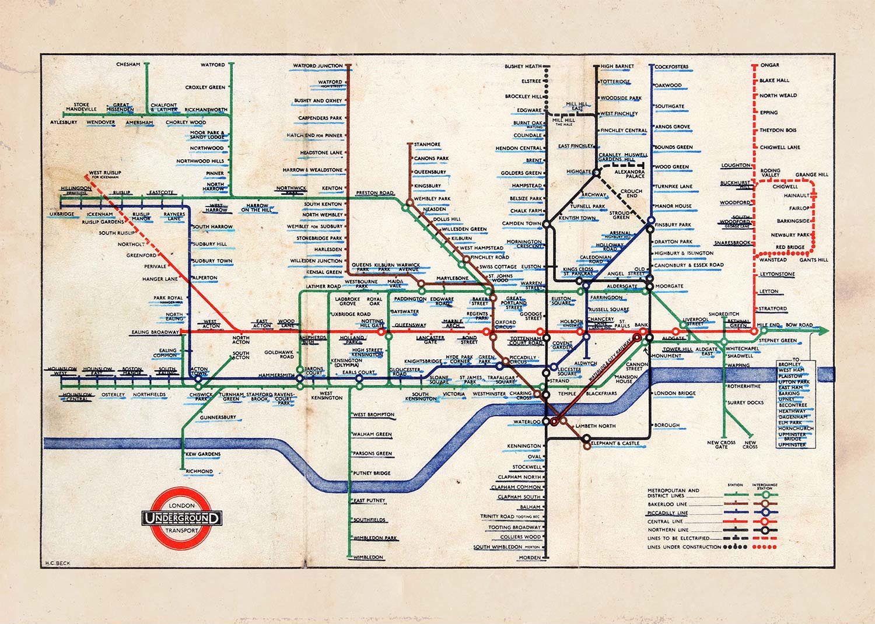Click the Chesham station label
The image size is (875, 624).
(x=128, y=64)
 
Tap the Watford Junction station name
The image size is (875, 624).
(x=317, y=66)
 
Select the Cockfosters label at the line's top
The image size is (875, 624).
(x=671, y=67)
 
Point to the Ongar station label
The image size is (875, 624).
(x=770, y=65)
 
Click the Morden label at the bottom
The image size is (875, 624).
(x=530, y=558)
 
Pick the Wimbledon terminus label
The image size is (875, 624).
(x=368, y=558)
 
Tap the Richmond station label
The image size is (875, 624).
(x=199, y=471)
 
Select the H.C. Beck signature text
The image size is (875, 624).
(x=57, y=564)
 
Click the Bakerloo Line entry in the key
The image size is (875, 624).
(x=667, y=504)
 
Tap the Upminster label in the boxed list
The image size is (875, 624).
(x=792, y=444)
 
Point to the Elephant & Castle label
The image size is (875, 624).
(x=616, y=443)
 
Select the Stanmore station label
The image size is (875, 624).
(x=427, y=144)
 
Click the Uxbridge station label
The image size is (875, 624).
(x=62, y=215)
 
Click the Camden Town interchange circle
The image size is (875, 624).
(x=547, y=223)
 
